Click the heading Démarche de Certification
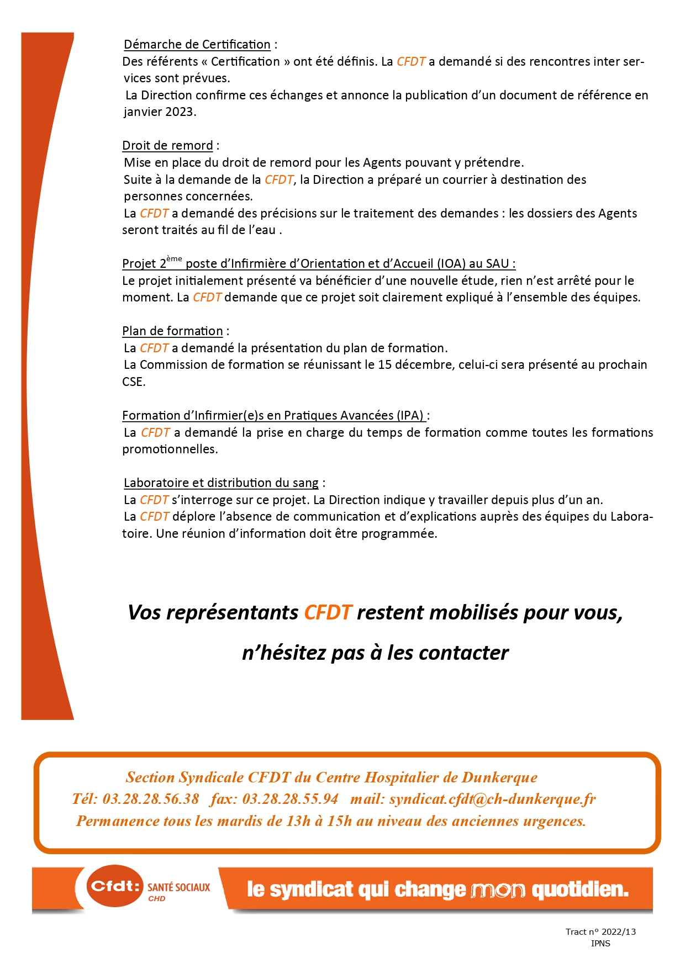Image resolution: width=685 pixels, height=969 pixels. click(x=197, y=45)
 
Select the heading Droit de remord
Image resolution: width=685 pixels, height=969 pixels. click(x=167, y=146)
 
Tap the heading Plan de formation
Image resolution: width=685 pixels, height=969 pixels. click(x=172, y=331)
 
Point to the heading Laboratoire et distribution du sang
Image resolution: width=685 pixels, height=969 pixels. click(x=221, y=483)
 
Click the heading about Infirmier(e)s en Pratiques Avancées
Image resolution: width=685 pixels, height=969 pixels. click(x=273, y=416)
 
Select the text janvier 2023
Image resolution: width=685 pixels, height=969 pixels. click(x=160, y=112)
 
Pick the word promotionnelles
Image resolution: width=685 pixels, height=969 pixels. click(x=170, y=449)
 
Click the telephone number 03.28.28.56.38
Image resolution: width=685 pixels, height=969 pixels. click(x=151, y=799)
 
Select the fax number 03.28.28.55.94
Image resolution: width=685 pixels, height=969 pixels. click(x=290, y=799)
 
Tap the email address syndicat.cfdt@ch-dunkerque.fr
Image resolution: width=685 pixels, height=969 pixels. click(x=492, y=799)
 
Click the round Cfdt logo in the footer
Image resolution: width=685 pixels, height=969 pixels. click(x=115, y=886)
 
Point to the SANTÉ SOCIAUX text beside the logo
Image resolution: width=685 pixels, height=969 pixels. click(x=178, y=887)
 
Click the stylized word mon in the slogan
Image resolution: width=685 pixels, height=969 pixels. click(x=498, y=890)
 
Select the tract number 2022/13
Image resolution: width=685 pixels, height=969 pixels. click(x=618, y=932)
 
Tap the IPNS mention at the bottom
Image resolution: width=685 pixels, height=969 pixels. click(x=600, y=944)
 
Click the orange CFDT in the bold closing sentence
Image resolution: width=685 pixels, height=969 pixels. click(x=328, y=613)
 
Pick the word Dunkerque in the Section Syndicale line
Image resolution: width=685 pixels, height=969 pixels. click(x=499, y=777)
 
